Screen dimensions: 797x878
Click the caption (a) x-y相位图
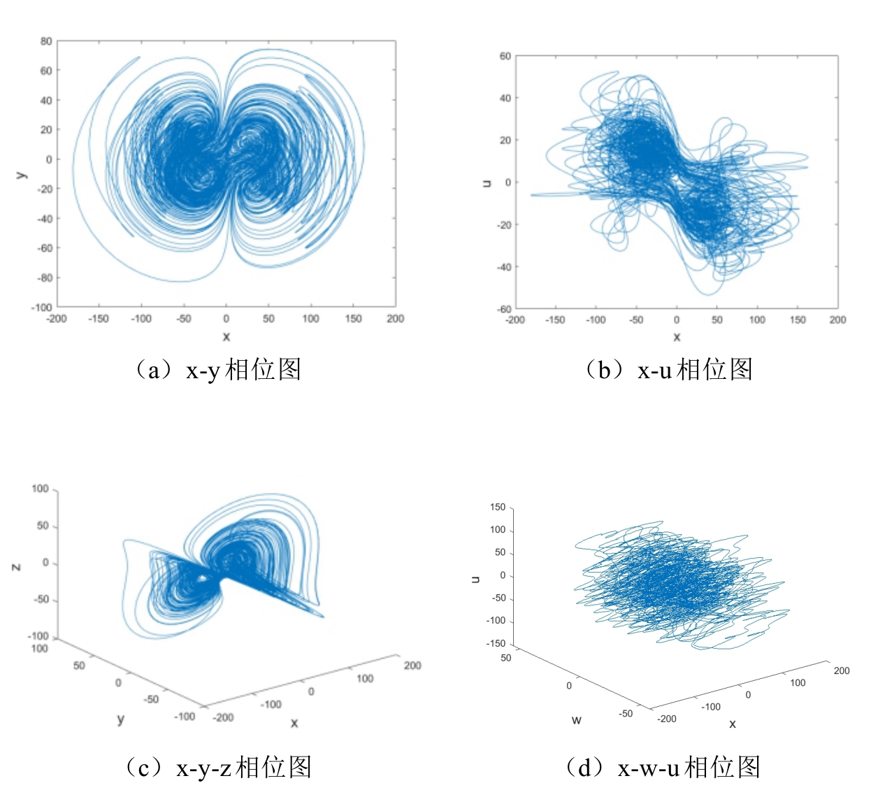[217, 369]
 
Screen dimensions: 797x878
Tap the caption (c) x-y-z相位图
[217, 767]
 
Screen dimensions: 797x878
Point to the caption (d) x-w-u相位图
[663, 767]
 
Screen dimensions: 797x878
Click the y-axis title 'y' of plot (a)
[22, 174]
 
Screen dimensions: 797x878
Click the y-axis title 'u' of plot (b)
[487, 182]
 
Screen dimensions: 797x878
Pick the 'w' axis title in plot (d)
[576, 720]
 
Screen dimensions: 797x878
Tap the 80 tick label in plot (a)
[46, 41]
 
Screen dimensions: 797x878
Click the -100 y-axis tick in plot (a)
[42, 307]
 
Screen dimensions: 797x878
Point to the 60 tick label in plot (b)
[505, 56]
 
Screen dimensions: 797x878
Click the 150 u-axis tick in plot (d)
[497, 507]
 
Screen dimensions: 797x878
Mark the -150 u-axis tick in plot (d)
[495, 643]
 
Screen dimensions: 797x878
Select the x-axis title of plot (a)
[226, 336]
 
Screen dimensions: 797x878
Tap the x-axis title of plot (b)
[677, 336]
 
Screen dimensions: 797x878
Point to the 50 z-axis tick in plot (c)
[43, 526]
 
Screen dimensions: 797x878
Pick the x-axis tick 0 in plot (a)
[226, 319]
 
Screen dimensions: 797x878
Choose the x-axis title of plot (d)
[732, 724]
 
